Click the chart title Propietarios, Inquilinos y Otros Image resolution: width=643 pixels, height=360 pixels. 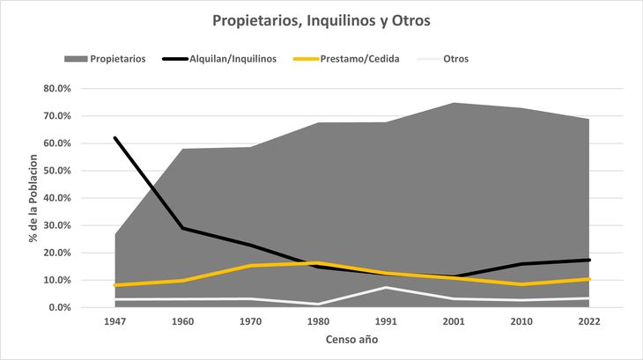(321, 19)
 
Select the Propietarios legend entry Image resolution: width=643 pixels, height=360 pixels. (104, 59)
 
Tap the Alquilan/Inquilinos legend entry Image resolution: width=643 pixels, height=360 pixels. (220, 59)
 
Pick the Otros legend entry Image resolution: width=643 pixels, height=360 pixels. (444, 59)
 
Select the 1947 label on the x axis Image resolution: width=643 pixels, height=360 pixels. (115, 322)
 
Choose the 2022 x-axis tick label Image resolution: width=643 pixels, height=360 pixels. (589, 322)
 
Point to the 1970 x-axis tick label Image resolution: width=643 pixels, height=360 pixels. (250, 322)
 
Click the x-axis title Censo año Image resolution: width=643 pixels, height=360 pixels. (351, 339)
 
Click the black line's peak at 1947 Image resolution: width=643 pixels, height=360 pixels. (115, 138)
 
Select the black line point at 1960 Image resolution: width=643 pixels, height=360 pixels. (182, 228)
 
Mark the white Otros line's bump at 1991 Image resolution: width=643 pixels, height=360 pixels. (386, 288)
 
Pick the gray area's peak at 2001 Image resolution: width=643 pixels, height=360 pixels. (454, 103)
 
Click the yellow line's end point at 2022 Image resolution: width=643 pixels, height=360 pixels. (589, 279)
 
